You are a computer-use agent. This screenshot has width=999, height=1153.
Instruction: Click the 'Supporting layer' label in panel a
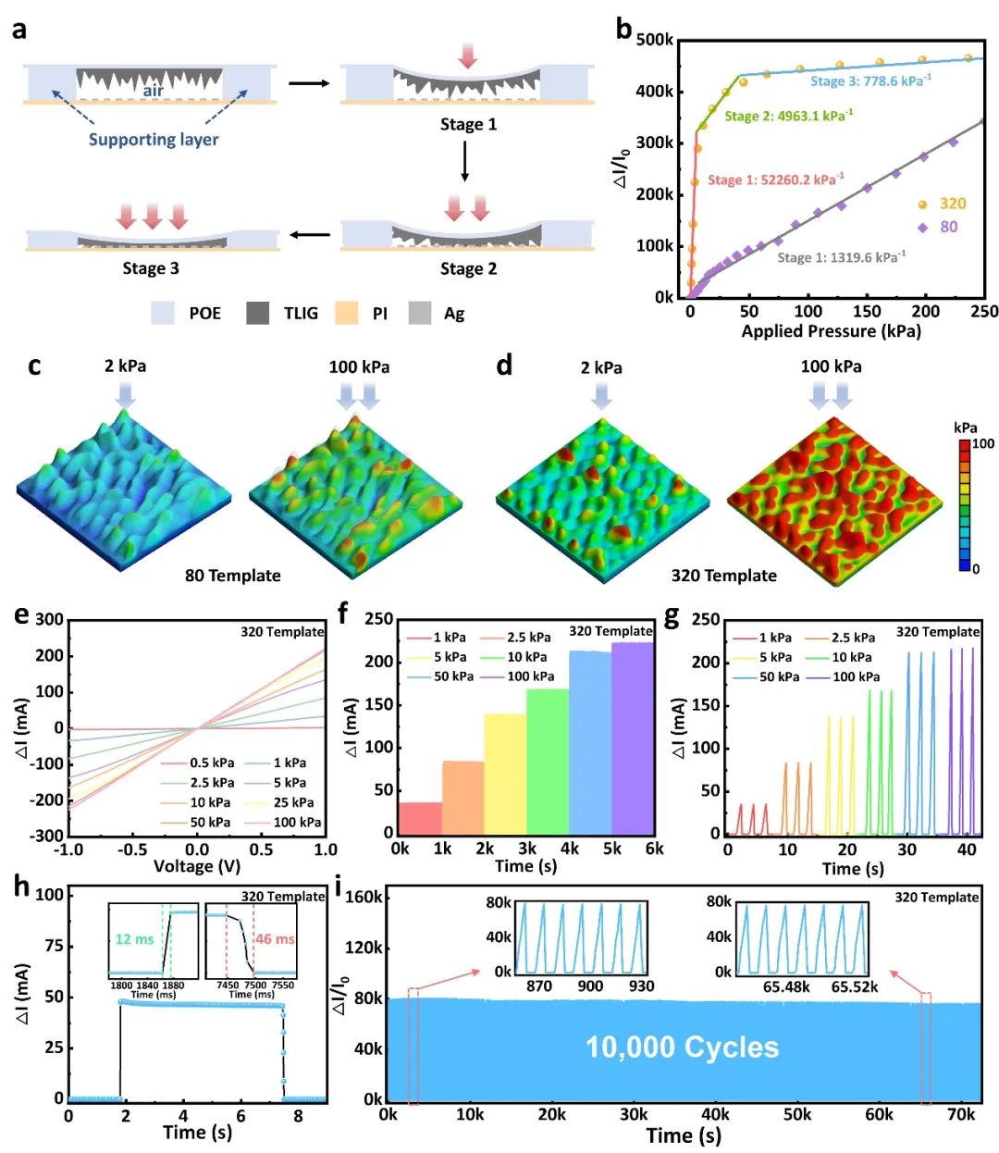(154, 140)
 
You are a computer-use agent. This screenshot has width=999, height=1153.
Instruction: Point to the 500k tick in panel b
(655, 41)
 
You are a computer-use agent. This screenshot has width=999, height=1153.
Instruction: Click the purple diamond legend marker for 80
(922, 228)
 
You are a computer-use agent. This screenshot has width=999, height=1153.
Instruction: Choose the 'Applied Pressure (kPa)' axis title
(831, 331)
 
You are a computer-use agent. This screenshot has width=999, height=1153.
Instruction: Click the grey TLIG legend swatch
(258, 313)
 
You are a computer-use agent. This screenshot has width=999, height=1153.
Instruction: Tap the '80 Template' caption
(232, 576)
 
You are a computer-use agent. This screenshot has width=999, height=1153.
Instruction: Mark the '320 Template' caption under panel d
(723, 576)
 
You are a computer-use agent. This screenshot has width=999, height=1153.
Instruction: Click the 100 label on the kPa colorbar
(983, 444)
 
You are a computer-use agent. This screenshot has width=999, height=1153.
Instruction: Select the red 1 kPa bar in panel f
(420, 817)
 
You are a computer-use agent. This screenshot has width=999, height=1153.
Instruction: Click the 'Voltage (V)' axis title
(196, 867)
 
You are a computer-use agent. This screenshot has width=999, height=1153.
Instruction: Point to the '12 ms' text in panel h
(134, 939)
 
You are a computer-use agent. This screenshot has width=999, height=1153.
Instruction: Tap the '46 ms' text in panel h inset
(276, 939)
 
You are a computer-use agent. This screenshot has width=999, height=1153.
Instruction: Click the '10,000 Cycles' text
(683, 1048)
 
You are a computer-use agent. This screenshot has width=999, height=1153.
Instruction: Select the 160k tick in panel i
(364, 897)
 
